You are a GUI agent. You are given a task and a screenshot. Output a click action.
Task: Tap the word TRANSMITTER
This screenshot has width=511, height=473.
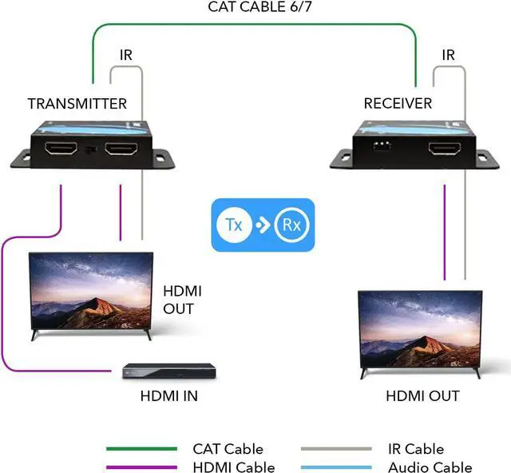(x=77, y=104)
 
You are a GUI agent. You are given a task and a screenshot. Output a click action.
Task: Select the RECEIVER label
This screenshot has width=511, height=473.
(x=398, y=104)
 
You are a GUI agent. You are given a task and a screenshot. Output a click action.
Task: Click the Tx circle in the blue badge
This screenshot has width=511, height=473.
(x=234, y=225)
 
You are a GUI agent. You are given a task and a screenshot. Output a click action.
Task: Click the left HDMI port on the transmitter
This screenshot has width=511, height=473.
(x=61, y=149)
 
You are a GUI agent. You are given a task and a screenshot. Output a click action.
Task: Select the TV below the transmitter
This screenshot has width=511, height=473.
(x=90, y=292)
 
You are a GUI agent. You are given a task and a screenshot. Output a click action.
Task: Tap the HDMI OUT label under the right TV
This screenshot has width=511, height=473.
(x=422, y=395)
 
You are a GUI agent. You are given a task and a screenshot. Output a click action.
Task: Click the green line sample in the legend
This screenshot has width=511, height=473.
(x=141, y=449)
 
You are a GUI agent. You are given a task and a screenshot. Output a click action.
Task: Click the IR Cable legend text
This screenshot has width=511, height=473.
(x=415, y=449)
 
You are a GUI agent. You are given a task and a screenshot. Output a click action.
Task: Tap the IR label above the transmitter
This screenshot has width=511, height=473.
(x=125, y=55)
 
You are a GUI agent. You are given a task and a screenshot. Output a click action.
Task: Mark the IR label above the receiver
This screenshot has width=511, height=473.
(x=448, y=55)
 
